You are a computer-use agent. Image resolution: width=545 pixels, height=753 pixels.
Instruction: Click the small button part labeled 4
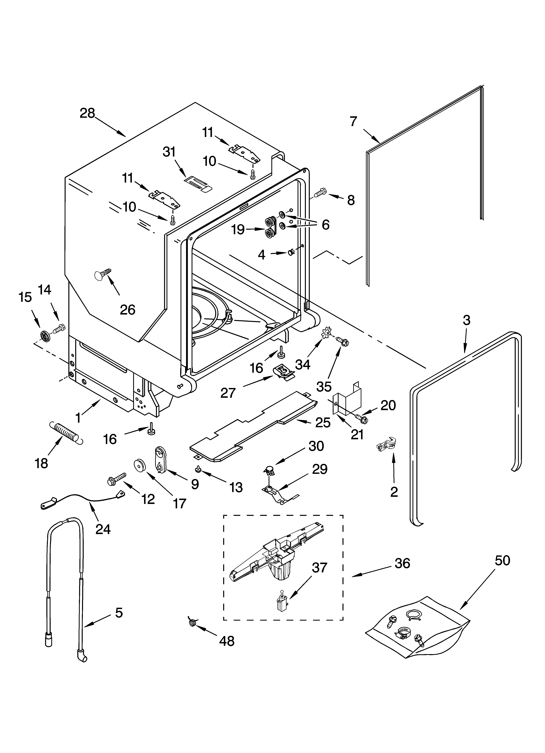coord(291,253)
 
